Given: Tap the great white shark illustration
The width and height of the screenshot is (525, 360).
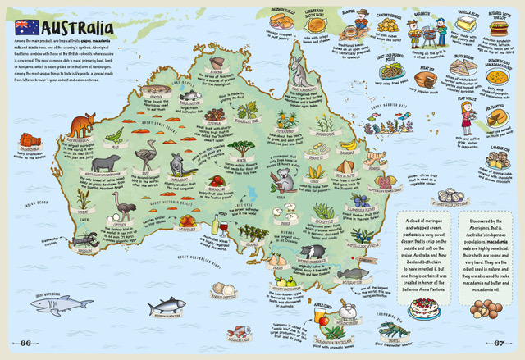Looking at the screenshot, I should (x=62, y=305).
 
